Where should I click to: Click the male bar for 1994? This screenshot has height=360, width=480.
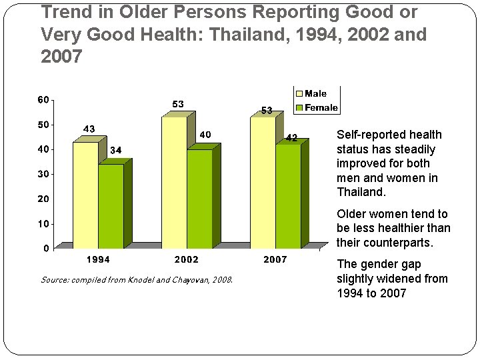click(85, 195)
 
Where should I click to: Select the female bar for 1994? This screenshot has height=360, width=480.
click(111, 206)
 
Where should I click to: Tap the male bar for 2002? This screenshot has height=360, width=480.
click(174, 183)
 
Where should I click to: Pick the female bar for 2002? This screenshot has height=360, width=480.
click(199, 199)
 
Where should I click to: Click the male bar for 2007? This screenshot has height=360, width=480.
click(263, 183)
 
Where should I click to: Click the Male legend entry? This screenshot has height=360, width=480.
click(316, 94)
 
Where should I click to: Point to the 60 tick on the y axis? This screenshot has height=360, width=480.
click(43, 100)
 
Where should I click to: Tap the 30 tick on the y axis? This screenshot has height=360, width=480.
click(43, 174)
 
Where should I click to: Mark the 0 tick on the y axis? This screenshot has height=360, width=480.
click(45, 249)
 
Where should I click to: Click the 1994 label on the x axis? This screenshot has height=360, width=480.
click(98, 259)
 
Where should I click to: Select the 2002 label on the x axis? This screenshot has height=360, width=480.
click(186, 259)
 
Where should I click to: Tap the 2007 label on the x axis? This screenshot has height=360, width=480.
click(275, 259)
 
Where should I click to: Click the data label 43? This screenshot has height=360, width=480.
click(89, 129)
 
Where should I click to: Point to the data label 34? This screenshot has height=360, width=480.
click(115, 150)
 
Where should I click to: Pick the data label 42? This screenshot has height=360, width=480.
click(291, 137)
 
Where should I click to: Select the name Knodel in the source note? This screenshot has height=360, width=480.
click(133, 280)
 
